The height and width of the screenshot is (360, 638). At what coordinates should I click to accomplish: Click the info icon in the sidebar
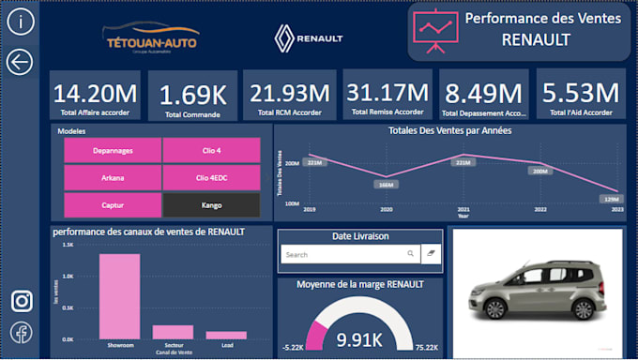[x=20, y=22]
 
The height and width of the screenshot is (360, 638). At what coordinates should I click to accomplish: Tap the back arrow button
[x=20, y=62]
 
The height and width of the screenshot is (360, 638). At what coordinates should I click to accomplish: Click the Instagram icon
[x=22, y=301]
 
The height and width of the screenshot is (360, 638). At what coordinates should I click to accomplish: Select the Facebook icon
[x=22, y=332]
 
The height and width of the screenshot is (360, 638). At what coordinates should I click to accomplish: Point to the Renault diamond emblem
[x=284, y=38]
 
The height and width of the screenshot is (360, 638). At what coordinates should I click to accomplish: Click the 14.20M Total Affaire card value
[x=95, y=94]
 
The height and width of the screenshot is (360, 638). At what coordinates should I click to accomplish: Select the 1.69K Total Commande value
[x=192, y=95]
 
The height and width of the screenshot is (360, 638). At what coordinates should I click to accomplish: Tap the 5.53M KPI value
[x=581, y=93]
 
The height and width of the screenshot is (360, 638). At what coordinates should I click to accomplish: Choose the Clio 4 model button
[x=211, y=150]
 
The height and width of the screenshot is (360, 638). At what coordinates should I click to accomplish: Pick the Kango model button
[x=211, y=204]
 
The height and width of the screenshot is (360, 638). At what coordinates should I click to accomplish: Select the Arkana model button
[x=113, y=177]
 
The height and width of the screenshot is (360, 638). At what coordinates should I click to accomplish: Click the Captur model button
[x=113, y=204]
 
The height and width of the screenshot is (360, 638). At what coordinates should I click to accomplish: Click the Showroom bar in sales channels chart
[x=119, y=296]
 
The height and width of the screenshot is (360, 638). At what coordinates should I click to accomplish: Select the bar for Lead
[x=226, y=335]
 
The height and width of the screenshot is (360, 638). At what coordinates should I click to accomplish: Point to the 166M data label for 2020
[x=386, y=185]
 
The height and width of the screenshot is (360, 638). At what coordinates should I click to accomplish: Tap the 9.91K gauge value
[x=360, y=338]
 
